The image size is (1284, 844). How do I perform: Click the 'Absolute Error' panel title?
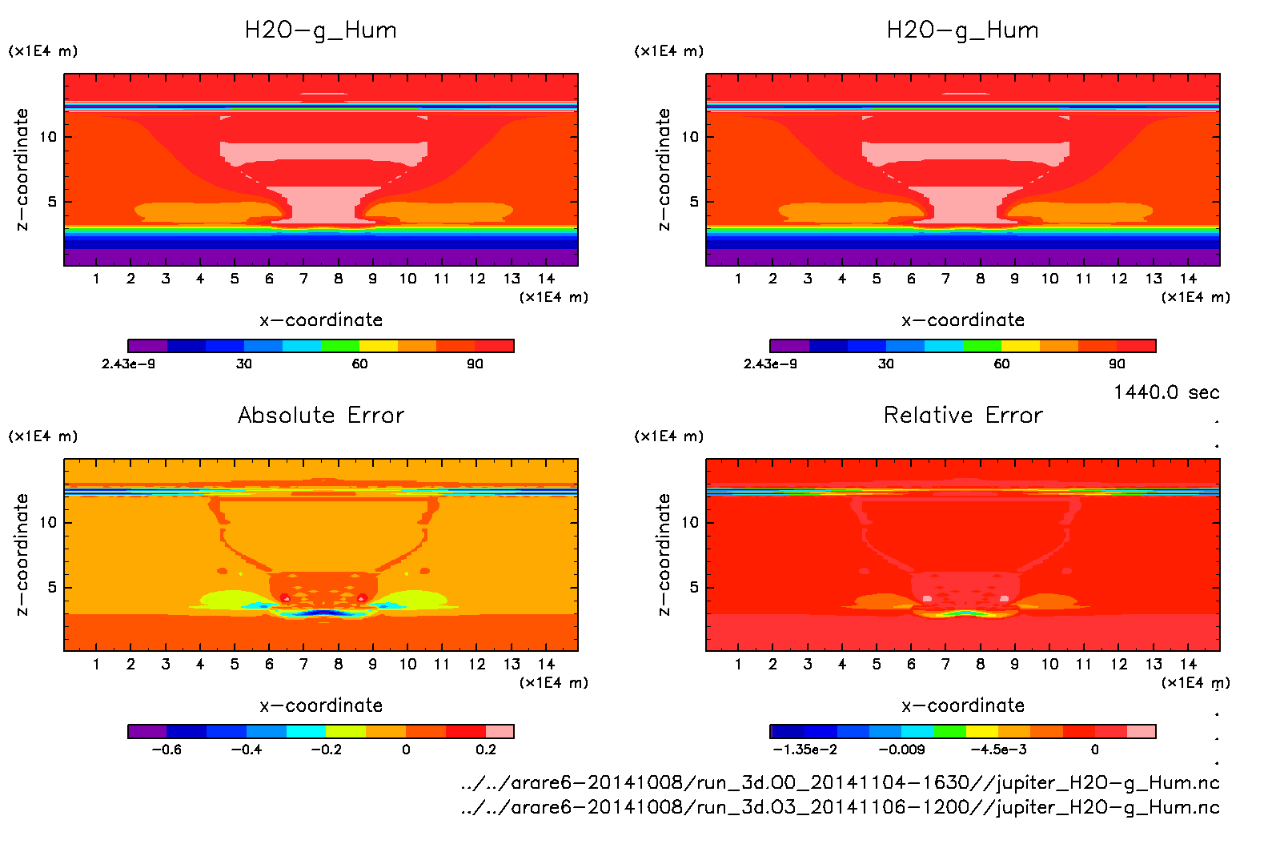pyautogui.click(x=321, y=415)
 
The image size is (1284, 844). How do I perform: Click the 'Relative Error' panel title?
pyautogui.click(x=963, y=415)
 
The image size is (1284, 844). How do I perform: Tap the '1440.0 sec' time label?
pyautogui.click(x=1166, y=392)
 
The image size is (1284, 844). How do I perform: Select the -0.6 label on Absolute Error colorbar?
pyautogui.click(x=166, y=750)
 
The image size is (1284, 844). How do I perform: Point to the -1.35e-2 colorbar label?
pyautogui.click(x=805, y=750)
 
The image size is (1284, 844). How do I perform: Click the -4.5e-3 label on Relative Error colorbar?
pyautogui.click(x=998, y=750)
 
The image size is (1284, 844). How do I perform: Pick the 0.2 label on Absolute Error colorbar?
pyautogui.click(x=486, y=750)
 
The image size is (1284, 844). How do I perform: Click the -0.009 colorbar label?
pyautogui.click(x=901, y=750)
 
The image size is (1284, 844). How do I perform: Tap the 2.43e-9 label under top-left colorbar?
pyautogui.click(x=128, y=364)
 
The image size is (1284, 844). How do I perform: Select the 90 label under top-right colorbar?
pyautogui.click(x=1117, y=364)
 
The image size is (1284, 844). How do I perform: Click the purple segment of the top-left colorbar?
pyautogui.click(x=147, y=346)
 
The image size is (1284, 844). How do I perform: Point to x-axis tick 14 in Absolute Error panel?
pyautogui.click(x=546, y=664)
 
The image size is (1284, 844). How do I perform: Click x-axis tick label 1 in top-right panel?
pyautogui.click(x=738, y=279)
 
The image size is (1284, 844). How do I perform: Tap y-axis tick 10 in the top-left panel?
pyautogui.click(x=48, y=137)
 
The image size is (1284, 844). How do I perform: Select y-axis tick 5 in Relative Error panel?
pyautogui.click(x=693, y=587)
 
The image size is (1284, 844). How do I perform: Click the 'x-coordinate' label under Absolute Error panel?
pyautogui.click(x=321, y=705)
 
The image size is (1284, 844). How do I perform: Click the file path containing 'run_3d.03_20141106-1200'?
pyautogui.click(x=840, y=807)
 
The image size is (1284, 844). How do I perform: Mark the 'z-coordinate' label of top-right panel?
pyautogui.click(x=664, y=170)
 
